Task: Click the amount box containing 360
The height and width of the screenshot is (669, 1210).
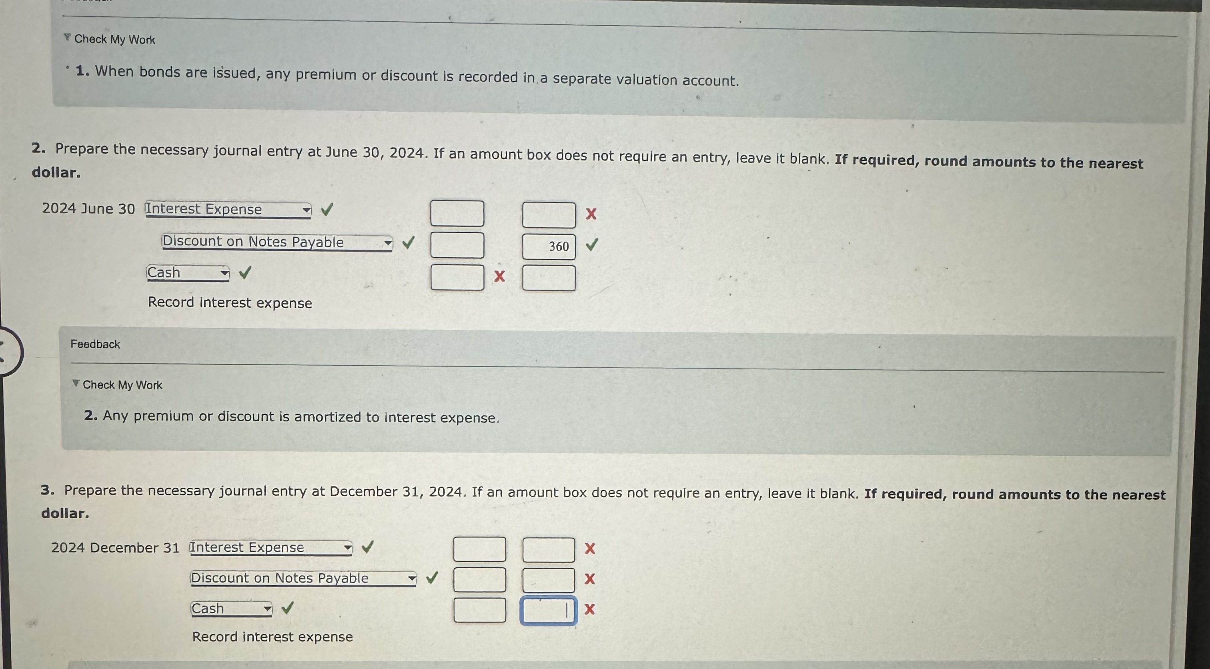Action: pos(549,246)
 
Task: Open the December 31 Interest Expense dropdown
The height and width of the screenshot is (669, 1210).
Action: pos(271,548)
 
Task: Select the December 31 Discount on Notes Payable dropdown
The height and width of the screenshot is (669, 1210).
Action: pos(303,578)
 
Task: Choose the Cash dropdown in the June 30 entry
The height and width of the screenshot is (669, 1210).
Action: pos(188,272)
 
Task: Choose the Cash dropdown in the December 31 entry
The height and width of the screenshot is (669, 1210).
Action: pos(231,609)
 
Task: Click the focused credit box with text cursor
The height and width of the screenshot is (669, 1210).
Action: pos(548,611)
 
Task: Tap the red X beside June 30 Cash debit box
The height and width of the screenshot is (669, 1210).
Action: pos(499,276)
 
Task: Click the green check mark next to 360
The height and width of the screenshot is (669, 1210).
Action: pos(592,244)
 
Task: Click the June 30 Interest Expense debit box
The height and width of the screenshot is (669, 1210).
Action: pos(457,213)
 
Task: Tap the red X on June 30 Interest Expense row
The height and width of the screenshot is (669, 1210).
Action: pos(591,214)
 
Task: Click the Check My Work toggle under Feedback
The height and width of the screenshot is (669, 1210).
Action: pos(117,385)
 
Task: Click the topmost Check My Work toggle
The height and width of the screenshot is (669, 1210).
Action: pos(110,39)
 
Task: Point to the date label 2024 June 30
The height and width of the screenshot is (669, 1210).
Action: pos(88,208)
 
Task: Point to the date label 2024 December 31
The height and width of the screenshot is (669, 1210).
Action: pos(115,548)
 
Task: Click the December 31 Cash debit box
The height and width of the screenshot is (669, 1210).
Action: pos(480,610)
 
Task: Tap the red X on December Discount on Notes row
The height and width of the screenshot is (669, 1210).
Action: pos(589,579)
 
